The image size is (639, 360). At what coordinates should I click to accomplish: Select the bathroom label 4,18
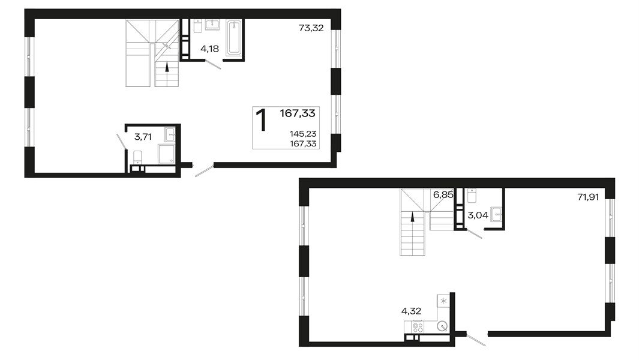click(209, 49)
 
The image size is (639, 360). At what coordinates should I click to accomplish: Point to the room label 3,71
click(143, 137)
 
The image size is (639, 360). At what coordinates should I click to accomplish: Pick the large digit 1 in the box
click(262, 120)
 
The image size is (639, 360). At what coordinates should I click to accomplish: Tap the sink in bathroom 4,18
click(212, 25)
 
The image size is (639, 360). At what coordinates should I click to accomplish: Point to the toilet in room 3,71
click(137, 157)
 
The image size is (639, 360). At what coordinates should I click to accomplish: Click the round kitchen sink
click(442, 327)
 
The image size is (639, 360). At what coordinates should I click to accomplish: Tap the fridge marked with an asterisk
click(443, 300)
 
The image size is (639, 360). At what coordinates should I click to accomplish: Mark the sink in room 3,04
click(496, 214)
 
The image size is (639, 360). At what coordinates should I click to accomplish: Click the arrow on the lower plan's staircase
click(412, 219)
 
